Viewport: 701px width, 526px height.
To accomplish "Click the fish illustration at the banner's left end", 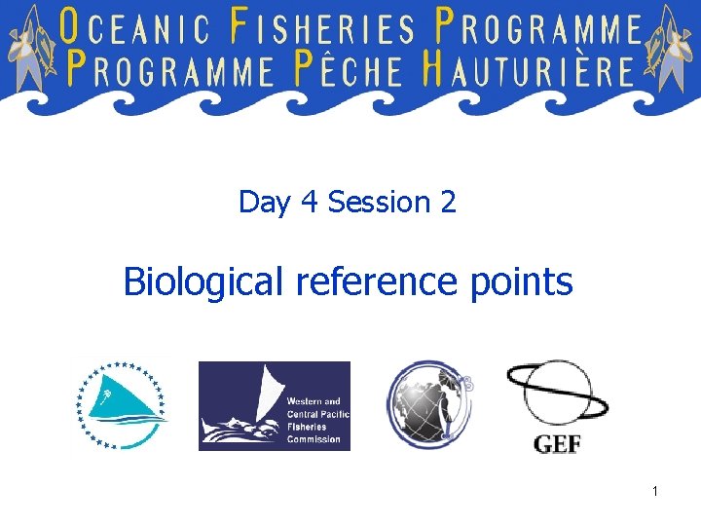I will pos(31,49).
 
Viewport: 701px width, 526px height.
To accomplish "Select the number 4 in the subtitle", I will pos(310,203).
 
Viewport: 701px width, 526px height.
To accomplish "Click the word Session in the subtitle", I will pos(379,203).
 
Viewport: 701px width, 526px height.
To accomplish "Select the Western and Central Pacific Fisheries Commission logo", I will pos(274,405).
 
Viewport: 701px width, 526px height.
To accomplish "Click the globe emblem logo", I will pos(428,403).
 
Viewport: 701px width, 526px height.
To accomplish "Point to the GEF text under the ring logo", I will pos(557,443).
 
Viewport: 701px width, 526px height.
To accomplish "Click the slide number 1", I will pos(655,491).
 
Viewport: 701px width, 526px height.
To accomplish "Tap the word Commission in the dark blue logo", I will pos(314,439).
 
